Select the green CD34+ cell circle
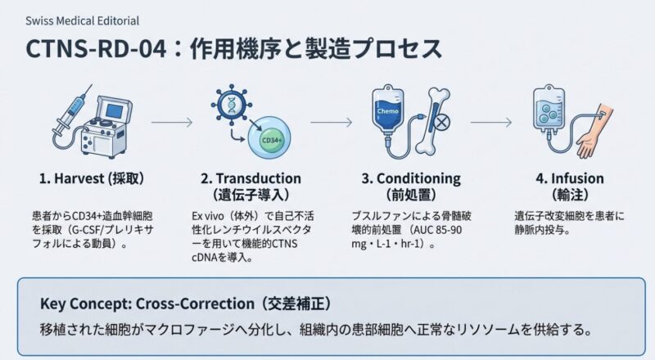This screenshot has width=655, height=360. (269, 140)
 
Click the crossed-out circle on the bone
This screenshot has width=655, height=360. (443, 123)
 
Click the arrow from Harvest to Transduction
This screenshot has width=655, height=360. (172, 123)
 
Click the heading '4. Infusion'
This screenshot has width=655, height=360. (570, 178)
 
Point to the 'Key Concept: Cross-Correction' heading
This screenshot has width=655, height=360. (184, 304)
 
